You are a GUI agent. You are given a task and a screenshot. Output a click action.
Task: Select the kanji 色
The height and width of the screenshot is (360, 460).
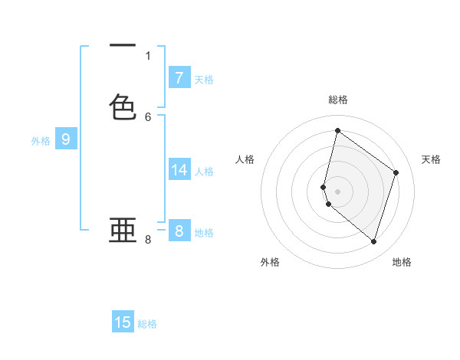(123, 106)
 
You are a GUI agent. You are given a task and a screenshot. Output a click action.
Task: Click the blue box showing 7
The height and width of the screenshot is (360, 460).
(179, 78)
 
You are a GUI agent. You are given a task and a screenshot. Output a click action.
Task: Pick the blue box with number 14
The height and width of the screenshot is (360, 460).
(179, 170)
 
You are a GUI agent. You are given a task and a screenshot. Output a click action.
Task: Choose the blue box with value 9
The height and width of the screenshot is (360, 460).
(66, 139)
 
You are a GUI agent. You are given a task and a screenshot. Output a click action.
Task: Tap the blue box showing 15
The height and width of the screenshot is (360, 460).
(123, 322)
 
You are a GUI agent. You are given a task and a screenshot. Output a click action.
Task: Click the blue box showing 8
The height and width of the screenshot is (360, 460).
(179, 231)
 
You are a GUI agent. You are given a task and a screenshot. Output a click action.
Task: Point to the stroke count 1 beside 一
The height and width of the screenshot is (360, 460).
(148, 55)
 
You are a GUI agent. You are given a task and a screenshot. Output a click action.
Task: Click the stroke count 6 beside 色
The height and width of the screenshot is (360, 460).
(148, 116)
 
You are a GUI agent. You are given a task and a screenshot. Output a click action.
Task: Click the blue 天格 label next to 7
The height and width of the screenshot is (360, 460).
(204, 79)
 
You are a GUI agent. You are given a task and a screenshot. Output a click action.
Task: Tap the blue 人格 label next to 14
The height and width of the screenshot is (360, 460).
(204, 171)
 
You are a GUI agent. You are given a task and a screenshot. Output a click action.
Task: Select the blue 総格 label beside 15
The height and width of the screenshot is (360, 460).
(147, 323)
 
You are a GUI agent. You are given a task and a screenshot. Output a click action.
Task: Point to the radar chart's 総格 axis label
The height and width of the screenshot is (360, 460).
(337, 100)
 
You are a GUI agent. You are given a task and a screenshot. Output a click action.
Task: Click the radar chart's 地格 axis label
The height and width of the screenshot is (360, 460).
(402, 262)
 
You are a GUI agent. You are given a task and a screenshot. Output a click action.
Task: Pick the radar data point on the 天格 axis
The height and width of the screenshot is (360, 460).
(396, 172)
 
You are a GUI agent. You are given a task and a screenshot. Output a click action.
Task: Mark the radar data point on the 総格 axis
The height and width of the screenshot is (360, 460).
(337, 131)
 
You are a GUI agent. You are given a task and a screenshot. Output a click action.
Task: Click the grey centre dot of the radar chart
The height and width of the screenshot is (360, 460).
(337, 191)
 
